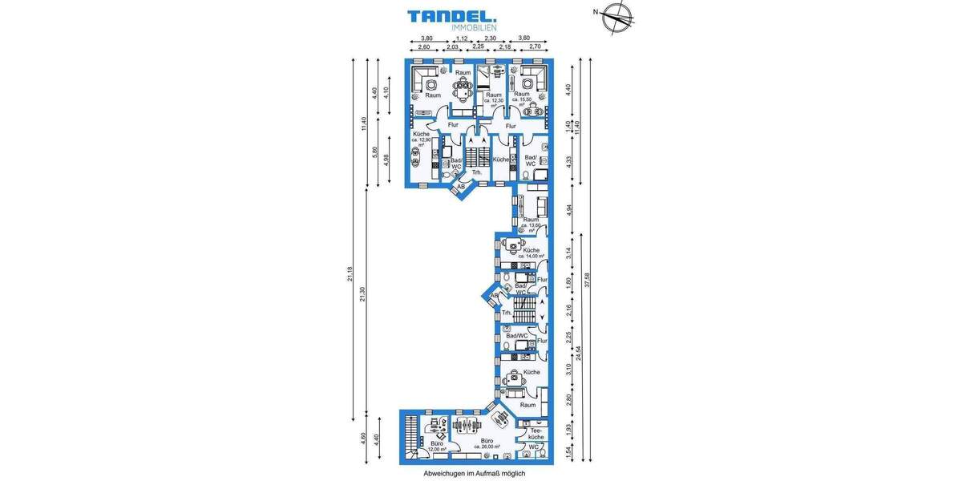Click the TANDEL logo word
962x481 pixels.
point(451,15)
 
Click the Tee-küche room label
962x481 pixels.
point(536,433)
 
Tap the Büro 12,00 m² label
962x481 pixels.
point(437,446)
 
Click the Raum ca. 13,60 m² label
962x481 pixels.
point(531,223)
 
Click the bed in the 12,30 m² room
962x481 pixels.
point(483,79)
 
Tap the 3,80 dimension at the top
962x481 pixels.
point(426,38)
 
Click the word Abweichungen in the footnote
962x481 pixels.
point(447,474)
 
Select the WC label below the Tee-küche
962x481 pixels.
point(534,447)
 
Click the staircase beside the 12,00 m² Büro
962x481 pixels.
point(411,437)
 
